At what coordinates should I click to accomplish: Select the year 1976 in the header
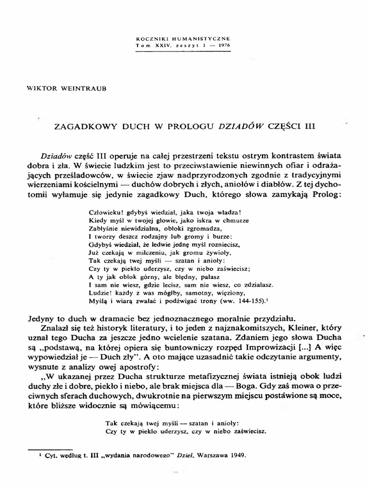tap(223, 45)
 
